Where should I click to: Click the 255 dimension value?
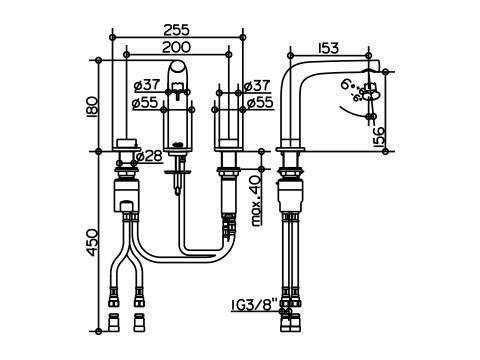coord(176,30)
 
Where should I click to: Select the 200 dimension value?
coord(176,47)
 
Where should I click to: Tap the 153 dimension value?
coord(328,48)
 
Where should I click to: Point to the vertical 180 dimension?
coord(92,106)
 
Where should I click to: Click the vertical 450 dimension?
coord(92,242)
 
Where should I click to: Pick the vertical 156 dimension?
coord(378,137)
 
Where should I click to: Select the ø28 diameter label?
coord(149,156)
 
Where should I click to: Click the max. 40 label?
coord(257,201)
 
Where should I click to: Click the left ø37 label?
coord(147,86)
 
